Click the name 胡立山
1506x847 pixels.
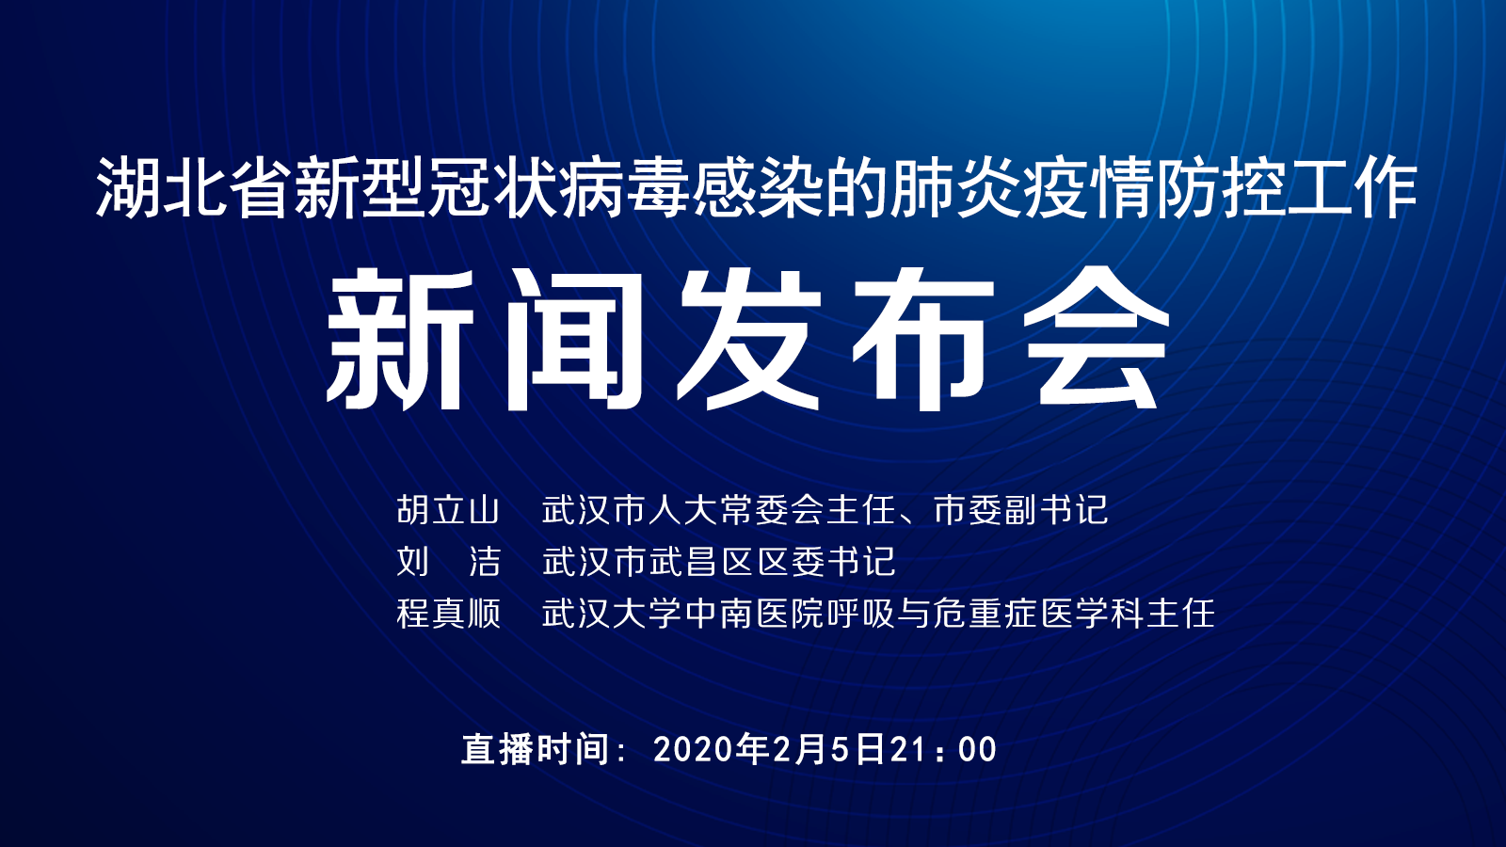pyautogui.click(x=448, y=510)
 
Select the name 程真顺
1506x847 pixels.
pyautogui.click(x=448, y=615)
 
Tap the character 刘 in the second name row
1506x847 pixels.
pyautogui.click(x=413, y=562)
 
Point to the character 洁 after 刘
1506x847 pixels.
pyautogui.click(x=485, y=562)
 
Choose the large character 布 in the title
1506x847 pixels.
pyautogui.click(x=922, y=339)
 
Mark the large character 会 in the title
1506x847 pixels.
pyautogui.click(x=1096, y=339)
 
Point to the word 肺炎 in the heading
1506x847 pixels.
pyautogui.click(x=954, y=187)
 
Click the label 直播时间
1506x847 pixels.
pyautogui.click(x=536, y=749)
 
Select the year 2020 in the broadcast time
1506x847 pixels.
pyautogui.click(x=694, y=750)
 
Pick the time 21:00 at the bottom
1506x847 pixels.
pyautogui.click(x=944, y=750)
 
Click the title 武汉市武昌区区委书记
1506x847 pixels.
pyautogui.click(x=719, y=562)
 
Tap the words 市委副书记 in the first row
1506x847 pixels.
pyautogui.click(x=1020, y=510)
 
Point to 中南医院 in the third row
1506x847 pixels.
pyautogui.click(x=755, y=615)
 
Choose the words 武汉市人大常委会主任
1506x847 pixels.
pyautogui.click(x=719, y=510)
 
